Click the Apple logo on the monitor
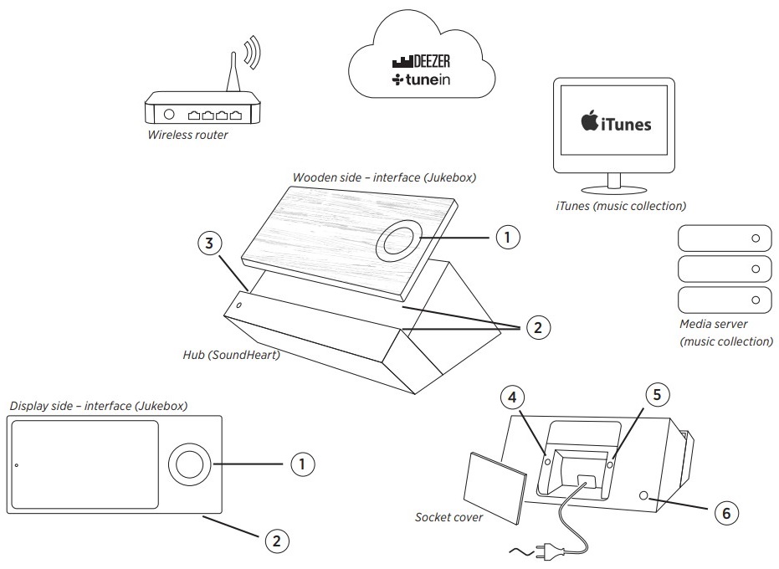[591, 121]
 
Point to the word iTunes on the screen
[628, 124]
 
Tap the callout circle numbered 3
[210, 244]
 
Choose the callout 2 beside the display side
[278, 541]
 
